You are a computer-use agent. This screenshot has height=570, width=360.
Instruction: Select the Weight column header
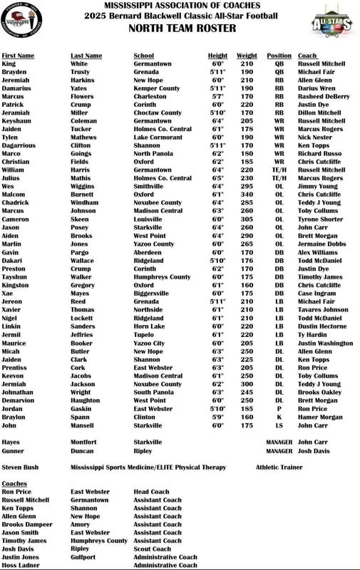click(247, 56)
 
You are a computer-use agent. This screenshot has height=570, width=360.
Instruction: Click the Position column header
click(279, 56)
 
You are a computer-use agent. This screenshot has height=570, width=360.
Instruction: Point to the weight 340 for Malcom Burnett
click(247, 195)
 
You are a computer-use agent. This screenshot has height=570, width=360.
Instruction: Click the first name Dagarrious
click(19, 145)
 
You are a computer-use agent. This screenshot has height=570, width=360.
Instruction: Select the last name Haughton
click(85, 401)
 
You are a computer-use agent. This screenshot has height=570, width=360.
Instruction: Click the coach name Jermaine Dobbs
click(322, 244)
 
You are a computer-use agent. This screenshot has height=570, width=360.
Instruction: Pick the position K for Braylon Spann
click(279, 418)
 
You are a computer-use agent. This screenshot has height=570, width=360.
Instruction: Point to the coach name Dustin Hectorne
click(323, 326)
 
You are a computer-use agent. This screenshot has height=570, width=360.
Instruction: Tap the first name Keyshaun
click(16, 121)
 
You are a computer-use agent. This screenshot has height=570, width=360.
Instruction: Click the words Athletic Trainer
click(279, 467)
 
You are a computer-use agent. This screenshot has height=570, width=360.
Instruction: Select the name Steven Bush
click(20, 467)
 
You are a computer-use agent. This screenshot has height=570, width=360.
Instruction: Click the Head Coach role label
click(151, 492)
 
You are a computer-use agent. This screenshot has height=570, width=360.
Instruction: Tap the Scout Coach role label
click(153, 549)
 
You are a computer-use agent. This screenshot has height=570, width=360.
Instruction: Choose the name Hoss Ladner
click(21, 566)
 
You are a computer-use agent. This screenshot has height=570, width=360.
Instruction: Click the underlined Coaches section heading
click(14, 484)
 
